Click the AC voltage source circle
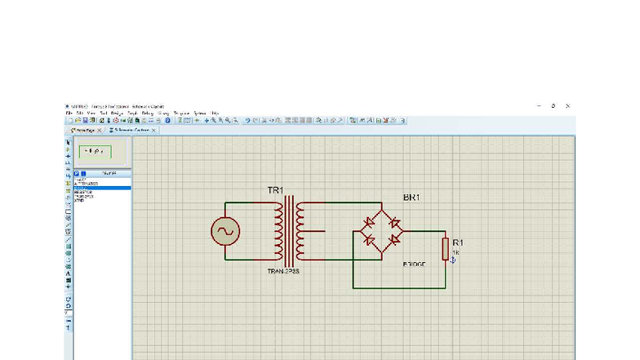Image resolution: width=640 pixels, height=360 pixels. click(224, 232)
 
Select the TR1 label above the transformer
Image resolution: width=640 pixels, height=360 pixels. click(274, 191)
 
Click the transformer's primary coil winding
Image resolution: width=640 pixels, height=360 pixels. click(279, 232)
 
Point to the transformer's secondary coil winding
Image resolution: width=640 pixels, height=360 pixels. click(300, 232)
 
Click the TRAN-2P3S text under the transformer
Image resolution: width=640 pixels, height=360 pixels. click(283, 270)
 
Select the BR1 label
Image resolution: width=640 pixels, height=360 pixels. click(412, 198)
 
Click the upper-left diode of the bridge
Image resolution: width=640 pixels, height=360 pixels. click(369, 222)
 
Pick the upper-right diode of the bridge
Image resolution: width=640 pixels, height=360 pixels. click(395, 222)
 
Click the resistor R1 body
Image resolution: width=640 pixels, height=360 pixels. click(446, 248)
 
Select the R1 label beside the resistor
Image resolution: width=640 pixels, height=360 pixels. click(458, 242)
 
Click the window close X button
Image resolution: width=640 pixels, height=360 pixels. click(567, 106)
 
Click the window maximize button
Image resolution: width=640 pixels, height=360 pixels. click(553, 106)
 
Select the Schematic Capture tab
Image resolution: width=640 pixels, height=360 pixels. click(130, 130)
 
